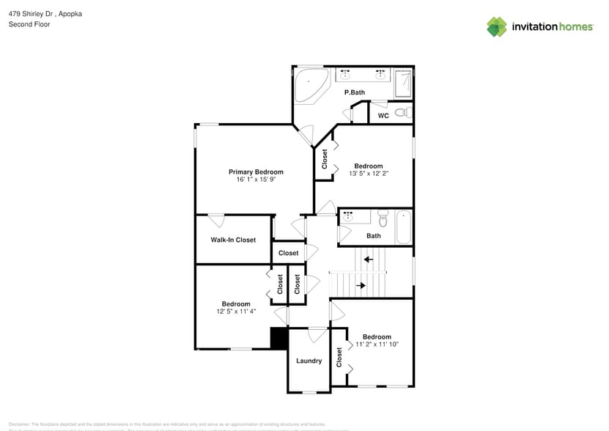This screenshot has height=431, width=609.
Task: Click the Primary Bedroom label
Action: [x=255, y=172]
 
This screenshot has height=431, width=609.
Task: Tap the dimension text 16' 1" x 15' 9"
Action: [x=255, y=180]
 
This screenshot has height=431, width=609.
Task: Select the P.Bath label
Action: [x=355, y=92]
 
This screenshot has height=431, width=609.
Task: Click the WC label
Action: [x=383, y=116]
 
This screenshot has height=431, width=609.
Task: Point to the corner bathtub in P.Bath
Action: [x=311, y=86]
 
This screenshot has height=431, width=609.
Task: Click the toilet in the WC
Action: [x=402, y=113]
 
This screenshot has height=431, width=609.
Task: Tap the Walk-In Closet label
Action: [x=233, y=240]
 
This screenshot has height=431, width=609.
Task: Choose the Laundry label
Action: [x=309, y=361]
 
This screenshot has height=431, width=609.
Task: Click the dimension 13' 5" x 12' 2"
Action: [x=369, y=174]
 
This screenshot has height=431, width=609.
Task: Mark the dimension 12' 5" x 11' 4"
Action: [x=236, y=312]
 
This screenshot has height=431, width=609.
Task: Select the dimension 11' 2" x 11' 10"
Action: [x=377, y=345]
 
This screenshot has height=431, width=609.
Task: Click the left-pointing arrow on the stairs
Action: [x=369, y=259]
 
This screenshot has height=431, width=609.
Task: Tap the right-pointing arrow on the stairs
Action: [x=361, y=284]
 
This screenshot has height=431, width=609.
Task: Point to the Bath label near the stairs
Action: [x=374, y=236]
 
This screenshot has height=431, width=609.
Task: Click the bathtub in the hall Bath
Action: [x=404, y=226]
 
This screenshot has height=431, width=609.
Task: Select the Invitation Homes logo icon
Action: [x=497, y=26]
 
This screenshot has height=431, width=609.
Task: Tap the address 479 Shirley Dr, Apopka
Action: [x=44, y=13]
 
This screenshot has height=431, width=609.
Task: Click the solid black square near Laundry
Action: [x=278, y=339]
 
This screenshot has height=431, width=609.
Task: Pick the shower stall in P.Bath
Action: [x=403, y=83]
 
